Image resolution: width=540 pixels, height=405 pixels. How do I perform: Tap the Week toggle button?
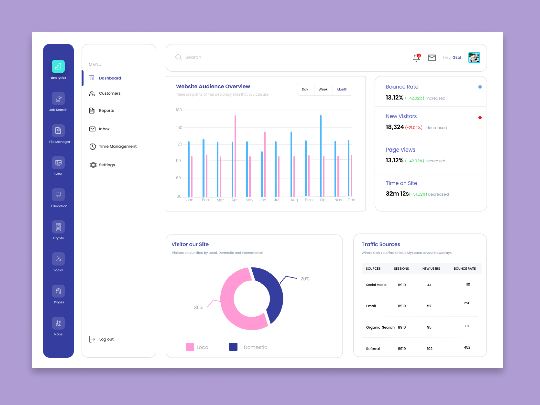[x=323, y=89]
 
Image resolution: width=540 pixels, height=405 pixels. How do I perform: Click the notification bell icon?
[x=416, y=58]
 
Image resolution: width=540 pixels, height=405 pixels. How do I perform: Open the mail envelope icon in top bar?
[x=432, y=58]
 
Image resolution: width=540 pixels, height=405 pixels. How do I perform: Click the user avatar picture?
[x=474, y=58]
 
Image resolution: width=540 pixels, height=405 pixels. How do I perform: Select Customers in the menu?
[x=109, y=93]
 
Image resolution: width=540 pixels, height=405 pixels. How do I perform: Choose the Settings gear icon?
[x=93, y=165]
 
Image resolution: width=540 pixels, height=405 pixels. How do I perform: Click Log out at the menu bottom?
[x=106, y=339]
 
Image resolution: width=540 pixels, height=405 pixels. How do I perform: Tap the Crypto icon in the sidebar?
[x=58, y=227]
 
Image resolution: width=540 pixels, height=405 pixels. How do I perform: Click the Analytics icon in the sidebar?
[x=58, y=66]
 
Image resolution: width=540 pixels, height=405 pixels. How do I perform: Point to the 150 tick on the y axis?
[x=179, y=128]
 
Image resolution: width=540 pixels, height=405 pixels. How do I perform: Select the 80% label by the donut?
[x=198, y=308]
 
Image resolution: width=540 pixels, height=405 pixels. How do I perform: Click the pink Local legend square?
[x=190, y=347]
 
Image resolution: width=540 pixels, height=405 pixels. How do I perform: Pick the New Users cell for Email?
[x=429, y=306]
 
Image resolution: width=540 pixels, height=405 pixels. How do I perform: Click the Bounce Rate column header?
[x=464, y=269]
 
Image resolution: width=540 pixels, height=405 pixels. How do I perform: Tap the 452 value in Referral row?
[x=467, y=347]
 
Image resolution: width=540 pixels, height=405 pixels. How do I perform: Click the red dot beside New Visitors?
[x=480, y=118]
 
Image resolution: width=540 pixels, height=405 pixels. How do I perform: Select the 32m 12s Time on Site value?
[x=397, y=194]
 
